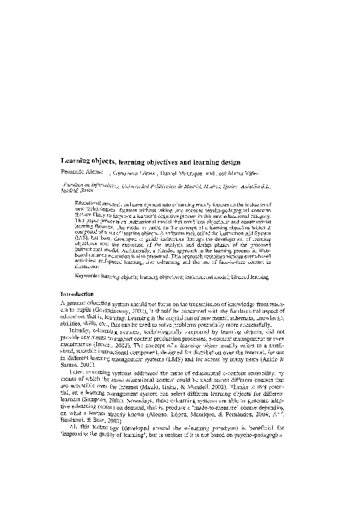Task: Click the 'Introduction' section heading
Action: tap(80, 293)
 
